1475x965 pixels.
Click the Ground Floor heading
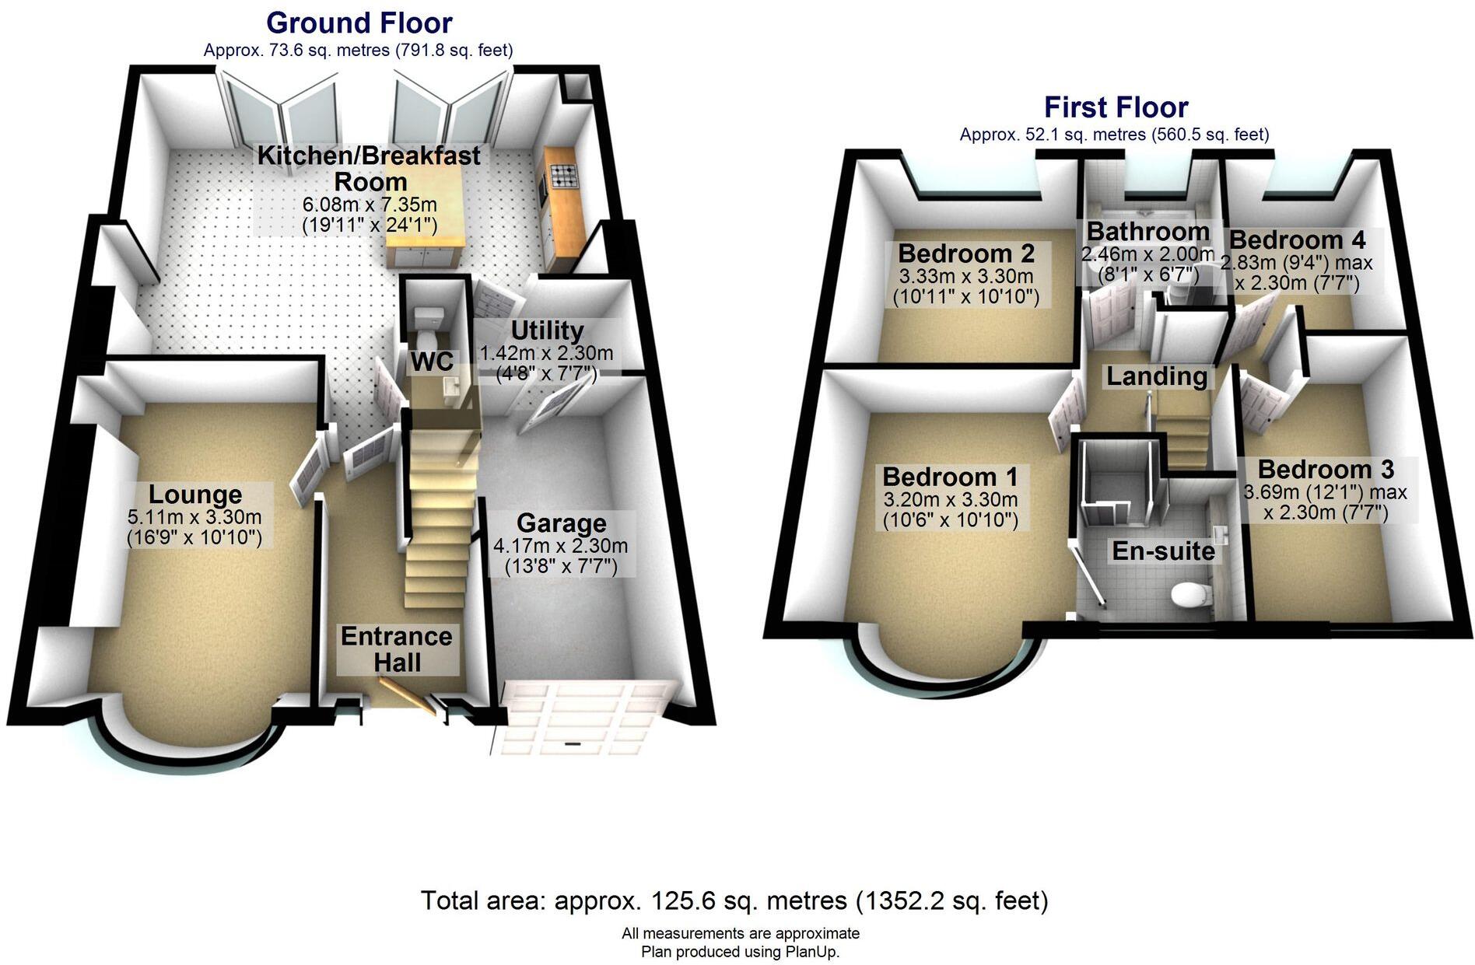point(359,23)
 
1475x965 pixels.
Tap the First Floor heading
point(1116,107)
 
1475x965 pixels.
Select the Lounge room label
point(195,495)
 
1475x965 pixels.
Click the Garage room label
point(561,523)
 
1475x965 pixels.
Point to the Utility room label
point(547,330)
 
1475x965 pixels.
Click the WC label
point(432,362)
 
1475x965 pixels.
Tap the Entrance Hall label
point(397,649)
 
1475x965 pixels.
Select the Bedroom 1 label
point(950,476)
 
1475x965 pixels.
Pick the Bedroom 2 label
point(966,253)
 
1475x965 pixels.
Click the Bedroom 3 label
point(1326,469)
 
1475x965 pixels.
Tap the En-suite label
point(1163,551)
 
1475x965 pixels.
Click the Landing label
point(1157,377)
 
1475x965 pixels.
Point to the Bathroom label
point(1147,232)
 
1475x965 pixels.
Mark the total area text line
point(734,900)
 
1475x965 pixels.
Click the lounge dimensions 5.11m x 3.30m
point(194,517)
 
